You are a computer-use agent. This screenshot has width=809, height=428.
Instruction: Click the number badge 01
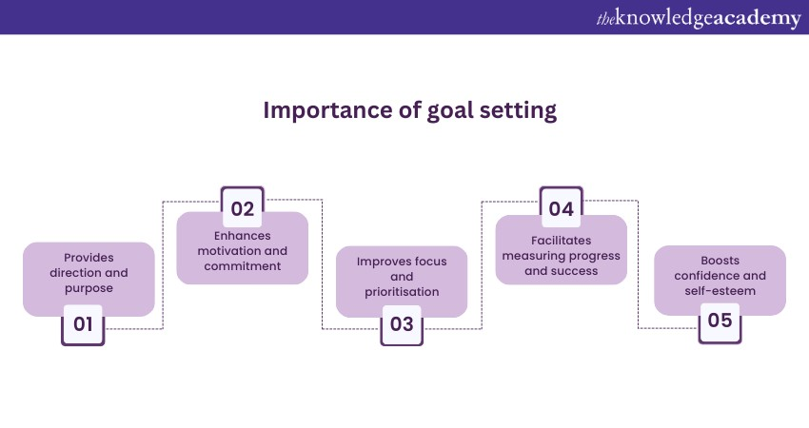click(x=83, y=325)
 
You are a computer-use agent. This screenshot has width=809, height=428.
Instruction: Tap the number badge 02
click(x=243, y=206)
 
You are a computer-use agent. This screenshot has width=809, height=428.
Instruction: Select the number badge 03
click(x=402, y=325)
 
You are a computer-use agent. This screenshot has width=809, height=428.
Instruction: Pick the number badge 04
click(x=562, y=206)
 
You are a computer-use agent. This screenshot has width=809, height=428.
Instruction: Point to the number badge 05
click(x=720, y=322)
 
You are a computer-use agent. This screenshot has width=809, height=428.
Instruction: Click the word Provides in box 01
click(x=89, y=258)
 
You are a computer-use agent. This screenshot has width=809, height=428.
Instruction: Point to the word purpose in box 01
click(x=89, y=289)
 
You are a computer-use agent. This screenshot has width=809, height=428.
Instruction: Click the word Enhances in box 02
click(x=243, y=236)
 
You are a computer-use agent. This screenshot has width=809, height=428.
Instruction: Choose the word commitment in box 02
click(x=243, y=266)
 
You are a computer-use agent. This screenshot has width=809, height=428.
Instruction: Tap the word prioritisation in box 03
click(x=402, y=292)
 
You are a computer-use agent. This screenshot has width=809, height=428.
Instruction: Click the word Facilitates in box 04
click(x=562, y=241)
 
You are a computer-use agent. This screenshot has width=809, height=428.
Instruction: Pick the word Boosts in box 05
click(x=720, y=261)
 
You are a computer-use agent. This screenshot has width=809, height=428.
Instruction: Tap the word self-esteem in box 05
click(x=720, y=291)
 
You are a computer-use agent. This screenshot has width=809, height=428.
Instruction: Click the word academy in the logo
click(x=756, y=19)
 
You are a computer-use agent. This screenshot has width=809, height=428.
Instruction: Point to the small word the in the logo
click(x=605, y=20)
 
